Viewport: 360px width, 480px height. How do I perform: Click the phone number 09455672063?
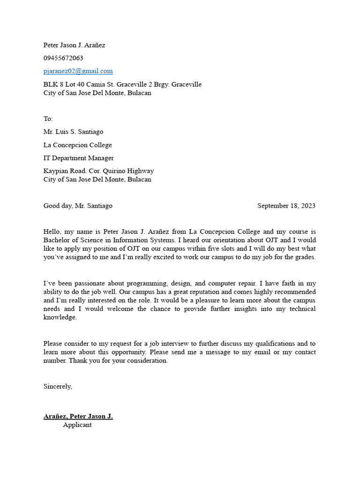(x=63, y=58)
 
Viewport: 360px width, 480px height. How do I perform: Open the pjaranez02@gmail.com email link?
(x=78, y=71)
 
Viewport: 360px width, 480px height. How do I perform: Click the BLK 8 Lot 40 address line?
(x=122, y=84)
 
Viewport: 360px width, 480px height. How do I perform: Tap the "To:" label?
(x=48, y=119)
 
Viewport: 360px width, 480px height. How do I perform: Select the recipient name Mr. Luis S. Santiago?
(x=73, y=132)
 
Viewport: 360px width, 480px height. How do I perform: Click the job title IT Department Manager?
(x=78, y=158)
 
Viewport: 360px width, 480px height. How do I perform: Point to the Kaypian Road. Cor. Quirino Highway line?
(x=98, y=171)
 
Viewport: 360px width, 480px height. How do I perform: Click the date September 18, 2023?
(x=286, y=206)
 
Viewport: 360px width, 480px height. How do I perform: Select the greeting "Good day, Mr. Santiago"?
(x=78, y=206)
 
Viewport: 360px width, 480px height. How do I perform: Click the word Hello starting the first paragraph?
(x=52, y=232)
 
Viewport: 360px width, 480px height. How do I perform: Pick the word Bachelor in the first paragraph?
(x=57, y=240)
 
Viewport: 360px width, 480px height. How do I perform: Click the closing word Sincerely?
(x=58, y=387)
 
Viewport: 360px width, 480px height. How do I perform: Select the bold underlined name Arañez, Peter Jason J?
(x=78, y=416)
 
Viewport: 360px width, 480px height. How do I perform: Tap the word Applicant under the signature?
(x=77, y=425)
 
